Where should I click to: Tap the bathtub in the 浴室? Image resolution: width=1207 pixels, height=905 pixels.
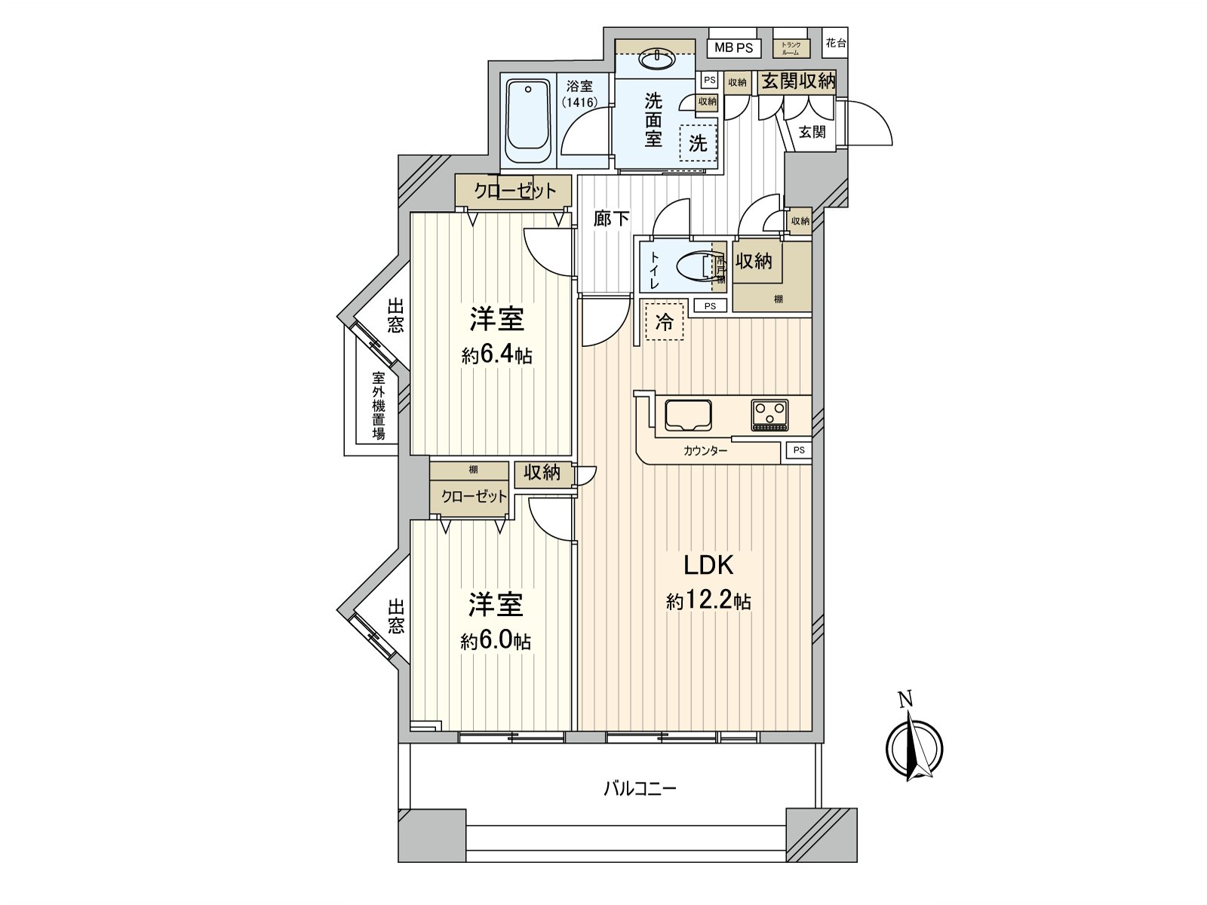coord(527,122)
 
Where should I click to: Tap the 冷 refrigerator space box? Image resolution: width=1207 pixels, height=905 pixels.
coord(665,322)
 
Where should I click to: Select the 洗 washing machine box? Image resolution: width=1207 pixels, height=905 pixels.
coord(698,142)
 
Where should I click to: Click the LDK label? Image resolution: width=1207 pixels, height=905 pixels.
coord(708,565)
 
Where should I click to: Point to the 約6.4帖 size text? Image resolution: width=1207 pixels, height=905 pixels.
coord(496,355)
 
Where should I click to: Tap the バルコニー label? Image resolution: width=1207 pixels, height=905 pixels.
coord(640,790)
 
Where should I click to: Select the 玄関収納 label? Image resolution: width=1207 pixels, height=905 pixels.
coord(797,81)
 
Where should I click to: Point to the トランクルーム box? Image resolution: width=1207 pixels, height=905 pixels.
coord(791,48)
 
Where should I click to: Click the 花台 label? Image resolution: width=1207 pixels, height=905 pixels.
coord(835,43)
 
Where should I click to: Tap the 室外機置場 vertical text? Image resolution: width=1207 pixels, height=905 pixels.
coord(378,406)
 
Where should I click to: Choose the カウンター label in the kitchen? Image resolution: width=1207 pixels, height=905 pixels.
coord(705,451)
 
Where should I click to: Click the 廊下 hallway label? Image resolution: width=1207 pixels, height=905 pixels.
coord(611,219)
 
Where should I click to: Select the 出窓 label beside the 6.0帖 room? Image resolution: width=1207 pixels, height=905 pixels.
coord(396,616)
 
